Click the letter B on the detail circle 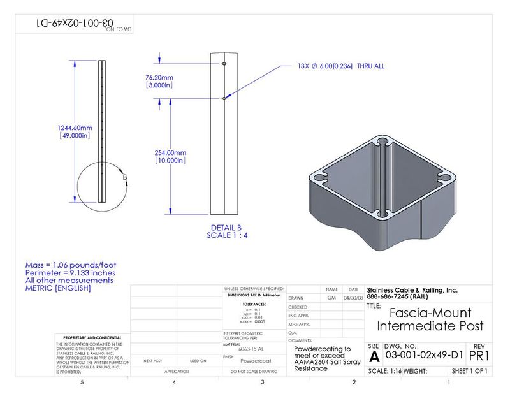click(x=125, y=178)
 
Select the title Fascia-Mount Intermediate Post click(x=430, y=319)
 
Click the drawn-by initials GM click(x=331, y=298)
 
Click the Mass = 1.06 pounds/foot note click(x=71, y=265)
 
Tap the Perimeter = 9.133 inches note click(x=71, y=272)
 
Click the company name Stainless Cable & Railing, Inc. click(x=412, y=290)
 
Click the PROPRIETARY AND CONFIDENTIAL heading click(x=89, y=337)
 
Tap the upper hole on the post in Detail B click(x=224, y=64)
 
